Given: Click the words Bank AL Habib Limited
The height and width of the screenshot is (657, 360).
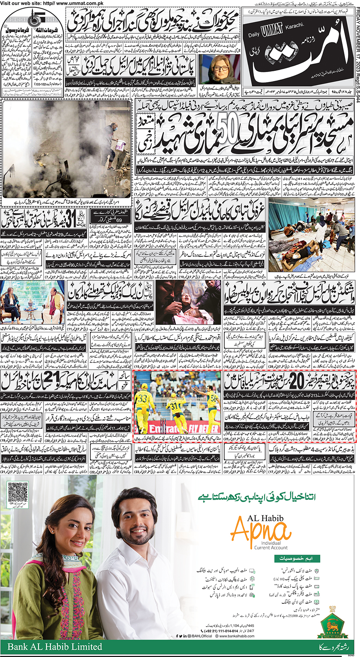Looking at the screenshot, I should click(55, 646).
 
